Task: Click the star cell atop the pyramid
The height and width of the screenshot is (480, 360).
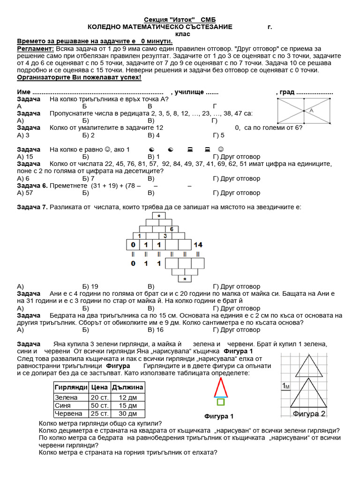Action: [159, 216]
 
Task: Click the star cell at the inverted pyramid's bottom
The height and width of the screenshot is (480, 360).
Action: [185, 279]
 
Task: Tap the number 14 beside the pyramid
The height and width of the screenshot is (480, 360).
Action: [198, 245]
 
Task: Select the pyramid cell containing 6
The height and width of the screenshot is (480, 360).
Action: [172, 229]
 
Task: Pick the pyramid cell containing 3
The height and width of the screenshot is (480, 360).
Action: [165, 236]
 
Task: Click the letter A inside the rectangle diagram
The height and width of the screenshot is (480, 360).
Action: [311, 111]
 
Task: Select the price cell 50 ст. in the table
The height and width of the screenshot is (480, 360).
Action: [99, 405]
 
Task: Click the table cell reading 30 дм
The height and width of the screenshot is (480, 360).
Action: [127, 413]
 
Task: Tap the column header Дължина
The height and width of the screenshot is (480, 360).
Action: [127, 387]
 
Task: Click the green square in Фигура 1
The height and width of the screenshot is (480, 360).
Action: [220, 402]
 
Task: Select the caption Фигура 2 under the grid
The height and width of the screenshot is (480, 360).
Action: [309, 414]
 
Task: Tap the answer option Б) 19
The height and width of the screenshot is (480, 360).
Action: [90, 286]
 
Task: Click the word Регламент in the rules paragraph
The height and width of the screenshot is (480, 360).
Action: [35, 48]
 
